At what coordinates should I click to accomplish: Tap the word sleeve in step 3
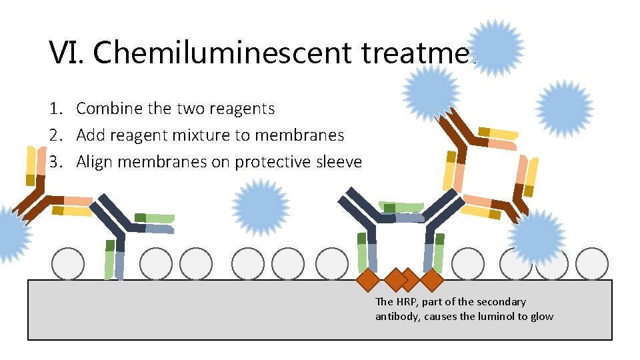pos(339,162)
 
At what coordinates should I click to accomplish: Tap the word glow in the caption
pos(541,316)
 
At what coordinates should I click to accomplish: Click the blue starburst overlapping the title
pos(496,48)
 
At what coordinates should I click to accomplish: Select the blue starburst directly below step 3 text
pos(261,207)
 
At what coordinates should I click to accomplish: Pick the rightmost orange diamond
pos(432,280)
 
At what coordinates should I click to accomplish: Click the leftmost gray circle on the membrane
pos(68,264)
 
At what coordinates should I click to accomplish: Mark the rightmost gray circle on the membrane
pos(591,264)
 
